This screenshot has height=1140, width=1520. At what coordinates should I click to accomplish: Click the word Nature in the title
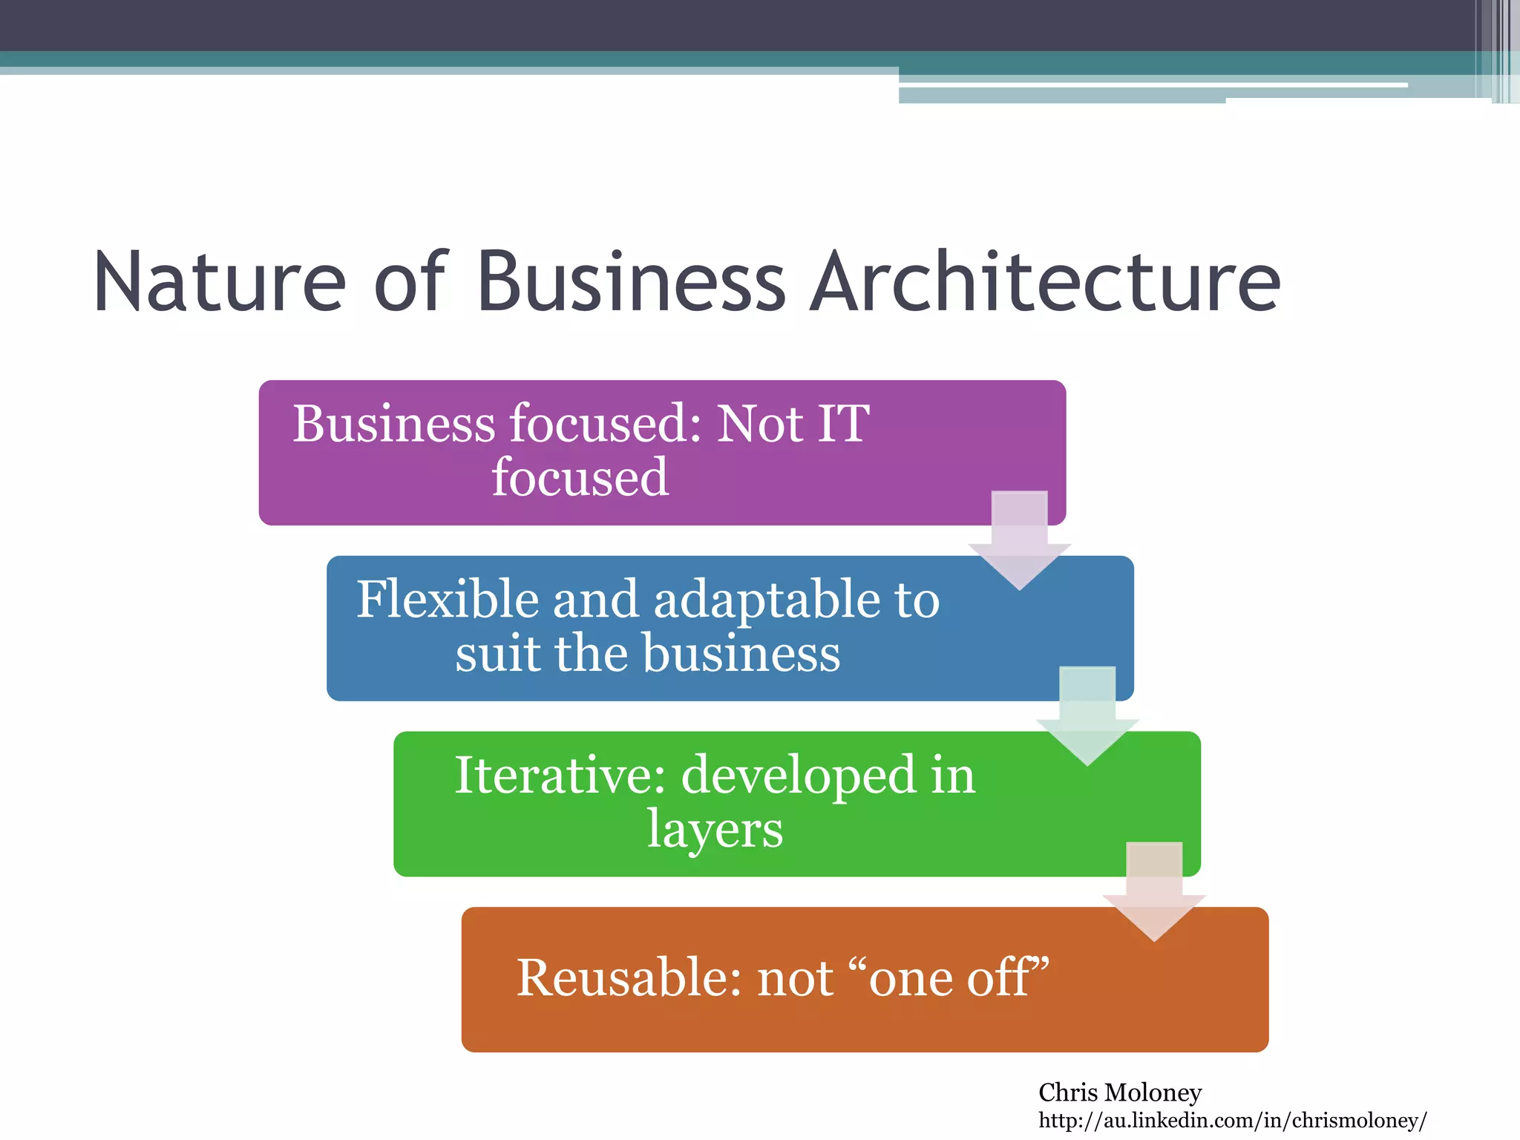point(220,282)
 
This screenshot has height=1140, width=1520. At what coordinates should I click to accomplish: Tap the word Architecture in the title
point(1045,282)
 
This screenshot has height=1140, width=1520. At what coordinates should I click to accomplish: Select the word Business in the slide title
point(631,282)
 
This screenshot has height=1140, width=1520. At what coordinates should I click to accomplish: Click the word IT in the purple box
point(842,424)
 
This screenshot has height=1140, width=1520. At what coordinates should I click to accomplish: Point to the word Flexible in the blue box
point(447,599)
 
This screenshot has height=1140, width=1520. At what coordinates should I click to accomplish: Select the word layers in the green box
point(715,830)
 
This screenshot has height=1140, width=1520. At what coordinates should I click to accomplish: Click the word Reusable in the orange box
point(629,977)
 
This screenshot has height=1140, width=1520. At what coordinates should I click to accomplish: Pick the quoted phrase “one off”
point(957,977)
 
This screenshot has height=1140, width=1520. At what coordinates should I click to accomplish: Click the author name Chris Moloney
point(1119,1092)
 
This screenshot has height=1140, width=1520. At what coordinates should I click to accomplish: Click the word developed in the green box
point(799,776)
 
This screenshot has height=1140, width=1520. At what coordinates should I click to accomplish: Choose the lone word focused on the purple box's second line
point(580,477)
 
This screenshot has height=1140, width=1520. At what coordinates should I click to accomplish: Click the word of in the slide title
point(410,282)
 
